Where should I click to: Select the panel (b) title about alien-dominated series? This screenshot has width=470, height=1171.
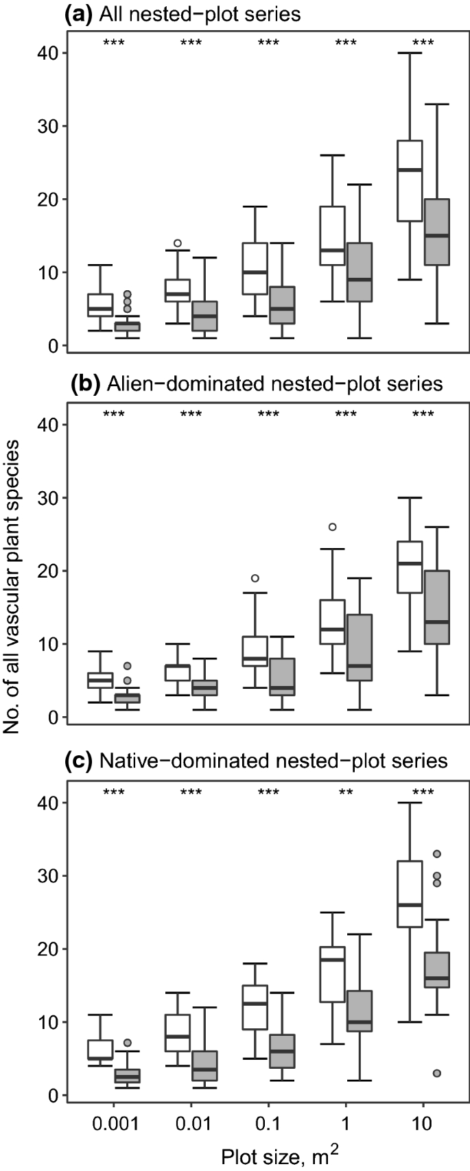click(x=257, y=383)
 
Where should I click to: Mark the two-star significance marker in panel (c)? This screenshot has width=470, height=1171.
click(x=346, y=792)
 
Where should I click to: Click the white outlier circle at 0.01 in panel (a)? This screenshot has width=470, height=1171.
click(x=177, y=243)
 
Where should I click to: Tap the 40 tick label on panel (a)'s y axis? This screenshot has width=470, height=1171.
click(x=48, y=53)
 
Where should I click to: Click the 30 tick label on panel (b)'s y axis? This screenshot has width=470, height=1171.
click(x=48, y=497)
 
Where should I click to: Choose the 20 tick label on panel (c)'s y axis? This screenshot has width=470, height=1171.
click(x=48, y=949)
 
